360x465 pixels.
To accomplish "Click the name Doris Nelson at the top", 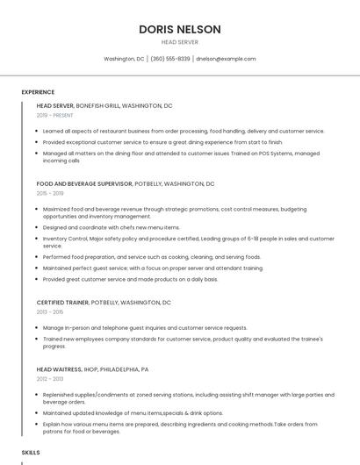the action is click(x=179, y=29).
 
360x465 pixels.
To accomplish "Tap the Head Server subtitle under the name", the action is click(x=179, y=42).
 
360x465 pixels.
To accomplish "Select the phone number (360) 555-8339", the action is click(x=170, y=59).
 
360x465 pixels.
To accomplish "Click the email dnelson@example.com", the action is click(x=226, y=59).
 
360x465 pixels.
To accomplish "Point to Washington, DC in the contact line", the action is click(x=124, y=59).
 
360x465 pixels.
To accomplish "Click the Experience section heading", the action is click(x=38, y=92).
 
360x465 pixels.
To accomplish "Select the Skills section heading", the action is click(x=31, y=452).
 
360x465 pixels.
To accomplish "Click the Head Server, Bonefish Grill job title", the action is click(x=104, y=105).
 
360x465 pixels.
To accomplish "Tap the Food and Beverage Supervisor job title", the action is click(x=126, y=184).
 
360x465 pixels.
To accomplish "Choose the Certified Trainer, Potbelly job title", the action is click(x=104, y=302).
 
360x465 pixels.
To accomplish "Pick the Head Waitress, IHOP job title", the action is click(x=92, y=369).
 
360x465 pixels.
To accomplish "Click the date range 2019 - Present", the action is click(x=55, y=115).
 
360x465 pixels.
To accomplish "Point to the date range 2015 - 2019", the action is click(x=50, y=193).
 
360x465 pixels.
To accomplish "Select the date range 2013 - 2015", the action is click(x=50, y=311).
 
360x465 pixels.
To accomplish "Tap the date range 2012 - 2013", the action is click(x=50, y=379).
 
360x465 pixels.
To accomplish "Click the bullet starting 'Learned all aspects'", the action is click(x=184, y=131).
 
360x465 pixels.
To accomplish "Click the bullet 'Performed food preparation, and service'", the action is click(x=152, y=257).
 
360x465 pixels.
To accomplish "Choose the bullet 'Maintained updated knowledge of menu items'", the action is click(x=133, y=412).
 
